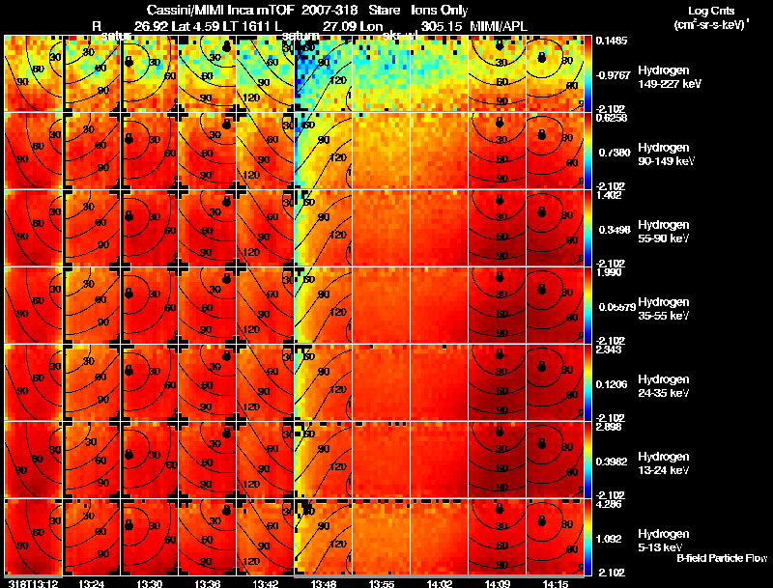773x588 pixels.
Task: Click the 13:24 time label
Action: (92, 583)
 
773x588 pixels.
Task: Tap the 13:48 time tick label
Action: (324, 583)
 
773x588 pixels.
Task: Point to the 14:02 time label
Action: (440, 583)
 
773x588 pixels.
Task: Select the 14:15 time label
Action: (555, 583)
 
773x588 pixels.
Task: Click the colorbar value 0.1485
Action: (609, 41)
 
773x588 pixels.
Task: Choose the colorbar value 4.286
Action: (609, 503)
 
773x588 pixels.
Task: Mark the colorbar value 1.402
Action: (609, 195)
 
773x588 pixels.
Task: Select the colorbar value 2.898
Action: (609, 426)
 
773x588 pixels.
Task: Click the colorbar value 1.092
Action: (609, 539)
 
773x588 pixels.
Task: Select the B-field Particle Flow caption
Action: (721, 558)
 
